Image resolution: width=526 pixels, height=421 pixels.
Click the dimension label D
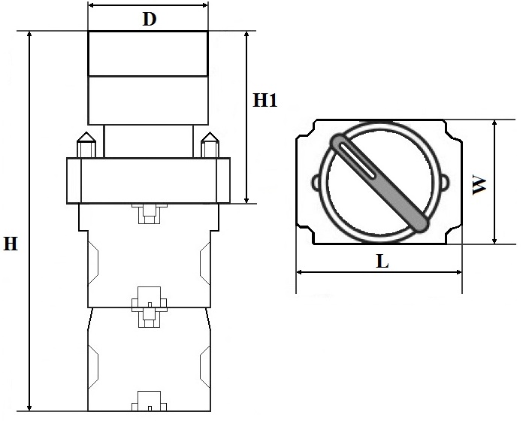coord(150,19)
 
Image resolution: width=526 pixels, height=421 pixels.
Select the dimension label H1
coord(265,100)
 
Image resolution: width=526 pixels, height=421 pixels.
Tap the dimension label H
coord(11,244)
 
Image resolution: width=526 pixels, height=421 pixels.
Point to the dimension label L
coord(382,261)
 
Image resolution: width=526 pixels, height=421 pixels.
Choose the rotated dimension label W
coord(479,185)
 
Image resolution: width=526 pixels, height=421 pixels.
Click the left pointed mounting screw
coord(86,144)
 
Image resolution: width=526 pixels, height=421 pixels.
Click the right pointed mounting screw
coord(210,144)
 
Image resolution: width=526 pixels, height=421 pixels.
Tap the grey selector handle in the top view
coord(379,183)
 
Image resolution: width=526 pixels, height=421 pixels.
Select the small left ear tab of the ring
coord(316,183)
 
